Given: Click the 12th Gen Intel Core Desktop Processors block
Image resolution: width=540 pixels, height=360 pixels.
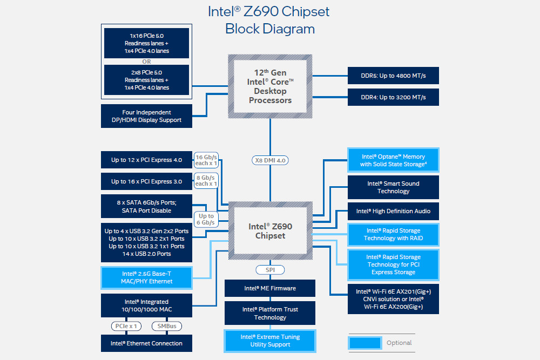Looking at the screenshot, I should (x=270, y=86).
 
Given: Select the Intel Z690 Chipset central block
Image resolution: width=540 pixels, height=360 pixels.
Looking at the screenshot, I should (x=270, y=231).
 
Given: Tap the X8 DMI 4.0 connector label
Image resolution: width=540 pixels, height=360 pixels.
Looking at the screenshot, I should (x=270, y=160).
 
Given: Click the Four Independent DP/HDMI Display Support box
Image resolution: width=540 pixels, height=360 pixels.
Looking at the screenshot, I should (x=147, y=116).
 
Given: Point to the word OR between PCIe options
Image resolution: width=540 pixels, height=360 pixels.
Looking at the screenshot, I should (x=146, y=62).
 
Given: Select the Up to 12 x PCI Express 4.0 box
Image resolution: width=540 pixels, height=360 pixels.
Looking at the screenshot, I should (x=147, y=160).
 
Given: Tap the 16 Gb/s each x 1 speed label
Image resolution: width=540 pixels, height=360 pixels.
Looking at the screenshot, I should (x=206, y=160).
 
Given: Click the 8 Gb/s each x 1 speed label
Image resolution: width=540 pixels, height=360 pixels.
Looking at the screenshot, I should (x=206, y=181).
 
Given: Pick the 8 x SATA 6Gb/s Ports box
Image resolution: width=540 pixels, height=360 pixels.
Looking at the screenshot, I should (x=147, y=207).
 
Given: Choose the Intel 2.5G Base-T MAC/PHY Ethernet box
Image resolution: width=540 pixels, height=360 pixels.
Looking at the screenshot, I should (x=147, y=277).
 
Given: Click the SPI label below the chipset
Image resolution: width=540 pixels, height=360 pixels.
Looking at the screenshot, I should (x=270, y=270).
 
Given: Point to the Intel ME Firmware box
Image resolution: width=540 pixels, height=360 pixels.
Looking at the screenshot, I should (x=270, y=288).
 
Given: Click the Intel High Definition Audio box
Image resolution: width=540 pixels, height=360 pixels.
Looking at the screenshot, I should (x=393, y=211).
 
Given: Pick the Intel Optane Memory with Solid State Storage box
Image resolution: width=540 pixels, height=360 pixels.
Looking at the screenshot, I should (x=393, y=160).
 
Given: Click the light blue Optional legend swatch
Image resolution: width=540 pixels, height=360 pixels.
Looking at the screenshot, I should (x=365, y=343).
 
